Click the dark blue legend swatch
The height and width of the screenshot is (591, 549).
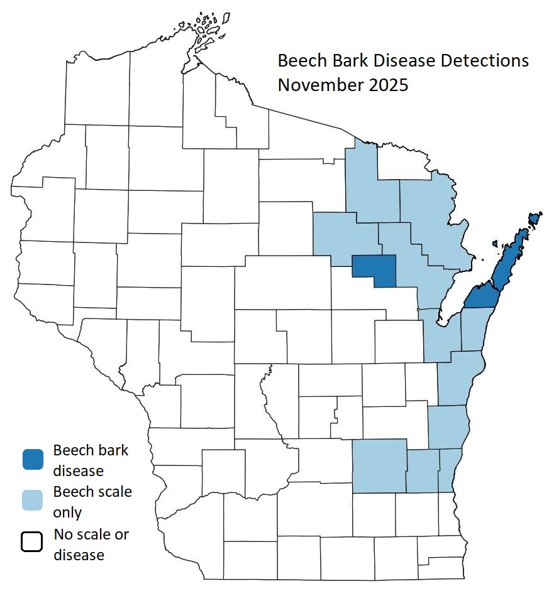pos(32,460)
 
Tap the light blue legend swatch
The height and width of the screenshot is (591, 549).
pos(32,501)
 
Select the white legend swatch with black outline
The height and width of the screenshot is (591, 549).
pos(32,541)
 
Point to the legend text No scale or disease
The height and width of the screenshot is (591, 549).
pos(91,545)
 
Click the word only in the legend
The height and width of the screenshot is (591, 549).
pos(67,512)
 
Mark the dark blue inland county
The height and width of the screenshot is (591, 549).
pos(375,269)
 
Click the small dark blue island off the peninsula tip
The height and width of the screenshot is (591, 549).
pos(535,218)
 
